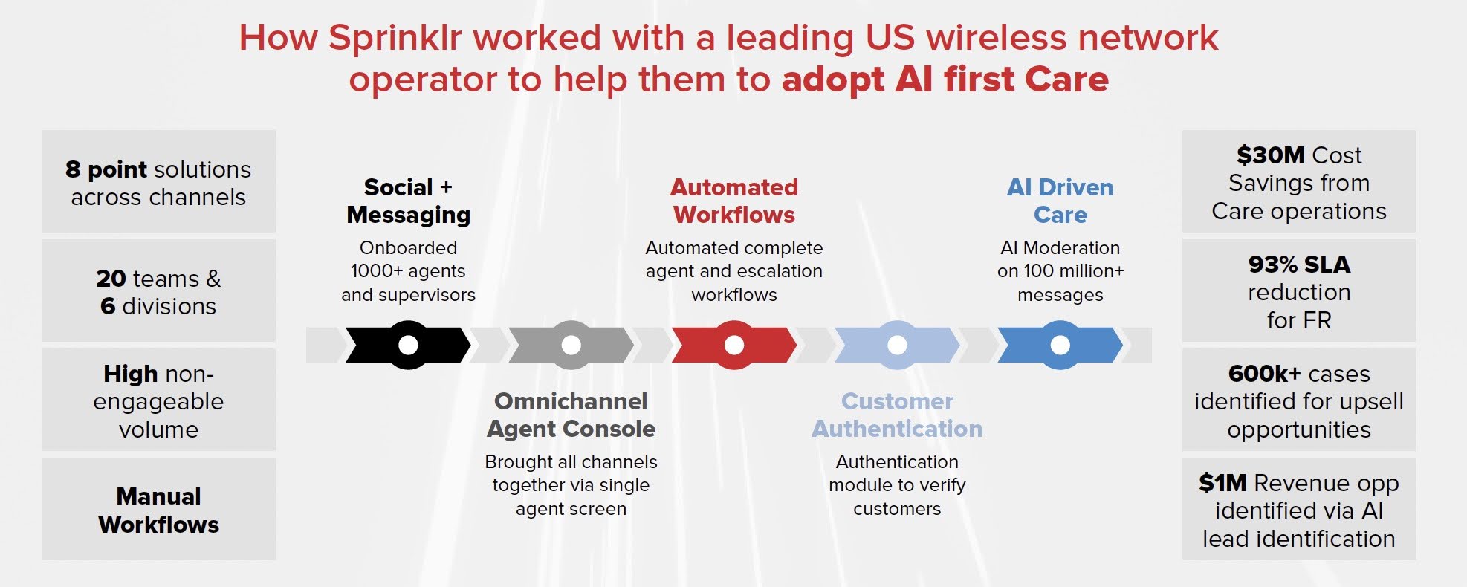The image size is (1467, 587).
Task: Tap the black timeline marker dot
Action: click(x=408, y=345)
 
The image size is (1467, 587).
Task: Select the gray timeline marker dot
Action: click(x=571, y=345)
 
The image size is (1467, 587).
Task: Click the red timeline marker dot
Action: click(x=734, y=345)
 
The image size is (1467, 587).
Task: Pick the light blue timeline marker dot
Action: click(x=897, y=345)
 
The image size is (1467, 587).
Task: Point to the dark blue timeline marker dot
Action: click(x=1060, y=345)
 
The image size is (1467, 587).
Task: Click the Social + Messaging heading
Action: click(x=408, y=201)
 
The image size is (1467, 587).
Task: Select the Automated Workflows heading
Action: click(x=734, y=201)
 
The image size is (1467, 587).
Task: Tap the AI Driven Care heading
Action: click(x=1060, y=201)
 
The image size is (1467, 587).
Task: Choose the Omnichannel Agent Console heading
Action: click(x=571, y=415)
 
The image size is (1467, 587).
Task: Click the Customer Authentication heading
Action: click(x=897, y=415)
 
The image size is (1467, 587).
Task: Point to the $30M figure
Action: click(x=1270, y=155)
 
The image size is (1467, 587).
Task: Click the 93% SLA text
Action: click(x=1299, y=265)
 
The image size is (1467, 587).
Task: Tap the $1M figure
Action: click(x=1222, y=483)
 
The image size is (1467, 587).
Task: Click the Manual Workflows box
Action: click(x=158, y=510)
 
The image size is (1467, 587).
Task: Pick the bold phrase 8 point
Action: click(x=106, y=169)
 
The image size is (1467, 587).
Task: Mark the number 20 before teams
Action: click(x=111, y=279)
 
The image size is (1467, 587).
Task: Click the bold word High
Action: click(x=131, y=373)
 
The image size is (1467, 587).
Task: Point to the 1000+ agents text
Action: click(x=408, y=271)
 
